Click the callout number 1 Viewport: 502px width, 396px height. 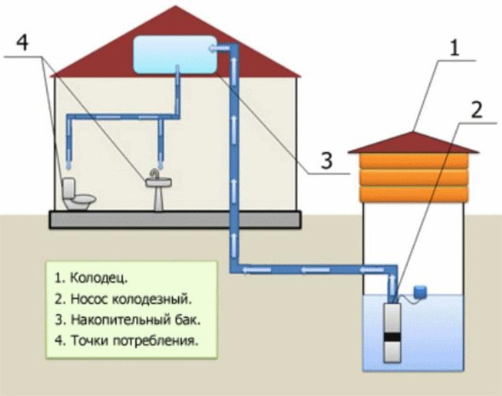pyautogui.click(x=455, y=49)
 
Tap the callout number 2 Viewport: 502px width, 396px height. pyautogui.click(x=476, y=110)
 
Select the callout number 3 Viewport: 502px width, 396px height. pyautogui.click(x=326, y=161)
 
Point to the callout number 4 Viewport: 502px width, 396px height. pyautogui.click(x=22, y=42)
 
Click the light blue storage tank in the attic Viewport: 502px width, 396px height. pyautogui.click(x=175, y=55)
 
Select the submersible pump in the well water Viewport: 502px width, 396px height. pyautogui.click(x=392, y=332)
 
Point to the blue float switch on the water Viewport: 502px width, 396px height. pyautogui.click(x=420, y=291)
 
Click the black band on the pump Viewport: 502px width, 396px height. pyautogui.click(x=392, y=337)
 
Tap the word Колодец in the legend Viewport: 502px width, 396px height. pyautogui.click(x=99, y=278)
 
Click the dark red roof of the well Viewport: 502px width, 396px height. pyautogui.click(x=413, y=143)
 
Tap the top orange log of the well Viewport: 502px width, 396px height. pyautogui.click(x=414, y=161)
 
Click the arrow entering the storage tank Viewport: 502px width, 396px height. pyautogui.click(x=219, y=48)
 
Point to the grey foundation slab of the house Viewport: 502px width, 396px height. pyautogui.click(x=175, y=220)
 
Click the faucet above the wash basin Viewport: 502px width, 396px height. pyautogui.click(x=155, y=174)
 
